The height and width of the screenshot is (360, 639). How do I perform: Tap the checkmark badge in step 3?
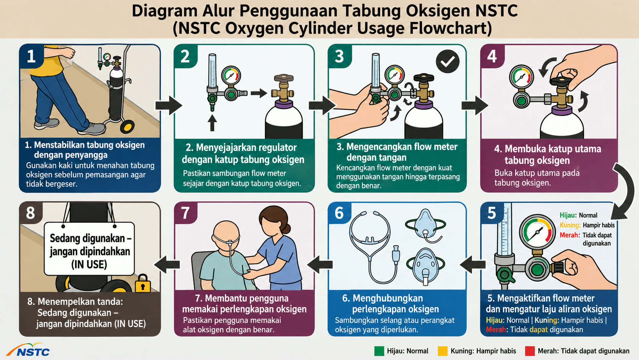pos(448,61)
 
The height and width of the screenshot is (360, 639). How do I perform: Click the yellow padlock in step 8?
pos(143,284)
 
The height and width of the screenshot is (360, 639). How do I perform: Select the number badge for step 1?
pos(31,56)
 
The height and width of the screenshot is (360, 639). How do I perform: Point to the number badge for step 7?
pos(185,213)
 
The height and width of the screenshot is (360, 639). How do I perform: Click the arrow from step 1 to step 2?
pos(169,105)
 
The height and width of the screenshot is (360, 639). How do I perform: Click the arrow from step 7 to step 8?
pos(167,264)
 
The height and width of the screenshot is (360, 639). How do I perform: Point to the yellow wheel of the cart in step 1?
pos(127,126)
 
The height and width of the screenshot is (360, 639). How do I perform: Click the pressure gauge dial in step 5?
pos(537,232)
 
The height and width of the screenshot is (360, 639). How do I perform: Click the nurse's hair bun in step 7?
pos(286,229)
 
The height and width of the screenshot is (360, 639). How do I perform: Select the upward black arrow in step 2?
pos(212,123)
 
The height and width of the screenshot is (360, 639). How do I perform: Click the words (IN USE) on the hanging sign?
pos(89,265)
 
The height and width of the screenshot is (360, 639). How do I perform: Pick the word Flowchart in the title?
pos(451,28)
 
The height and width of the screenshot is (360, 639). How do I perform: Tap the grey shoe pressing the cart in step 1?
pos(92,128)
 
